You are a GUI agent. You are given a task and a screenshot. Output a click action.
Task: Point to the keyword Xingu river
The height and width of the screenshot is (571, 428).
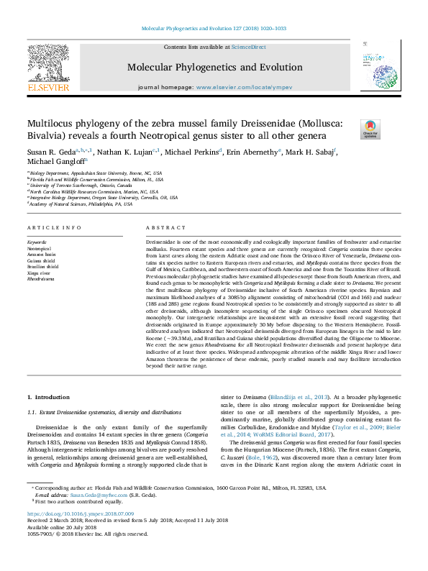(40, 272)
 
